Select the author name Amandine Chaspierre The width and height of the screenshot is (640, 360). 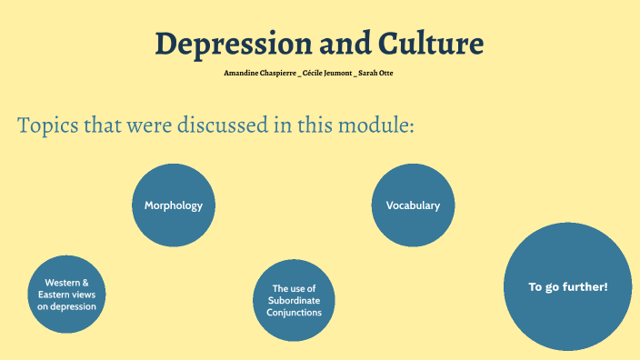tap(258, 72)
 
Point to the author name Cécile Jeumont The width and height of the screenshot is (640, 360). tap(328, 72)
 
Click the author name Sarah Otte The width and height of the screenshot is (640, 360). tap(375, 72)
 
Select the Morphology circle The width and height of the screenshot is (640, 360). tap(174, 205)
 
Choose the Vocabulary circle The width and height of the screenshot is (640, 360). tap(413, 205)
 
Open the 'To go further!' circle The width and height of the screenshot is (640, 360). tap(568, 287)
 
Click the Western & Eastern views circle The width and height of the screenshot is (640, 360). tap(67, 295)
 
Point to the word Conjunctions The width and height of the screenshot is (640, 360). tap(295, 313)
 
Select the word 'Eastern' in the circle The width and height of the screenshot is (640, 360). tap(55, 295)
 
